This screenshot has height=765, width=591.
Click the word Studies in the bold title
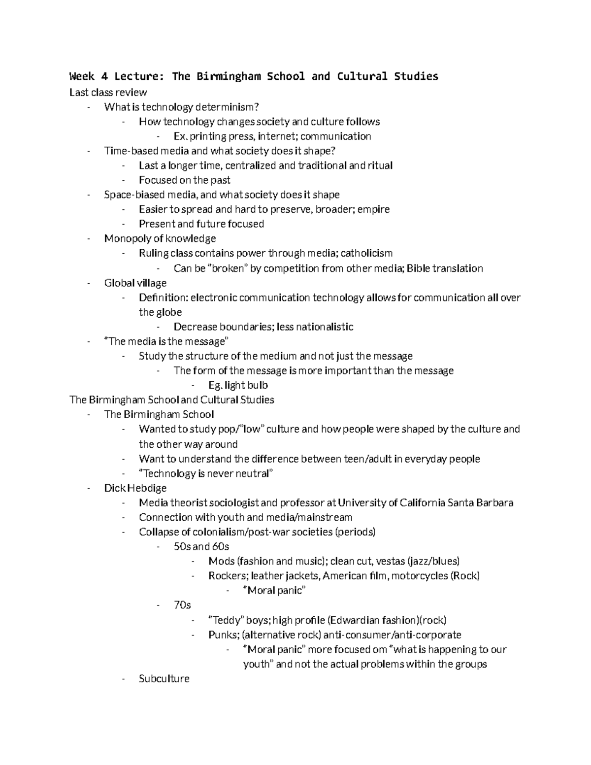[416, 76]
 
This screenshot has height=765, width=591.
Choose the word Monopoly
[126, 238]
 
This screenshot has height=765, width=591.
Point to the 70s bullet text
[182, 605]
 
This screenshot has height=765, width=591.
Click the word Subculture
[164, 679]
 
